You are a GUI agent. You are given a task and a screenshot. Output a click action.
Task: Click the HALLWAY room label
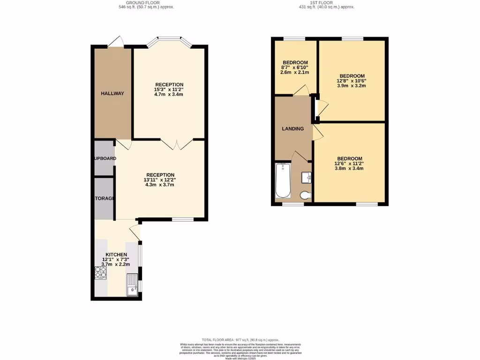[112, 93]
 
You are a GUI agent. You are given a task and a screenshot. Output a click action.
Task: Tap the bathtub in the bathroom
[283, 180]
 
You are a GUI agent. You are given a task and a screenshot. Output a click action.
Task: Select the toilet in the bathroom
[305, 195]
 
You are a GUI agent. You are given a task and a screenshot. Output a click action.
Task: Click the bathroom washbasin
[307, 177]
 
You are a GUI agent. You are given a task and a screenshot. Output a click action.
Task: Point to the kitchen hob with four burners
[101, 272]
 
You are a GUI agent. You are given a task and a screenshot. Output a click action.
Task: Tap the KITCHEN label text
[116, 254]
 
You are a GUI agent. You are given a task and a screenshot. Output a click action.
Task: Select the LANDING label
[292, 128]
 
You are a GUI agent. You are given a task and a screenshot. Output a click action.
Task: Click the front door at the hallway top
[116, 42]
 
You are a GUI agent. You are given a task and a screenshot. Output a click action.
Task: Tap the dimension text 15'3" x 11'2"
[169, 90]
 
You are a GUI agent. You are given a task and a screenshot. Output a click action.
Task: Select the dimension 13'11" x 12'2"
[159, 180]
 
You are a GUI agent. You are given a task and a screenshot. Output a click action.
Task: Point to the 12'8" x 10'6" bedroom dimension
[351, 80]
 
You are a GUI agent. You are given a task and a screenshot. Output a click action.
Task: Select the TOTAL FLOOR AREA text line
[240, 340]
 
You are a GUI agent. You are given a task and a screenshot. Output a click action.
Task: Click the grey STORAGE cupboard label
[103, 198]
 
